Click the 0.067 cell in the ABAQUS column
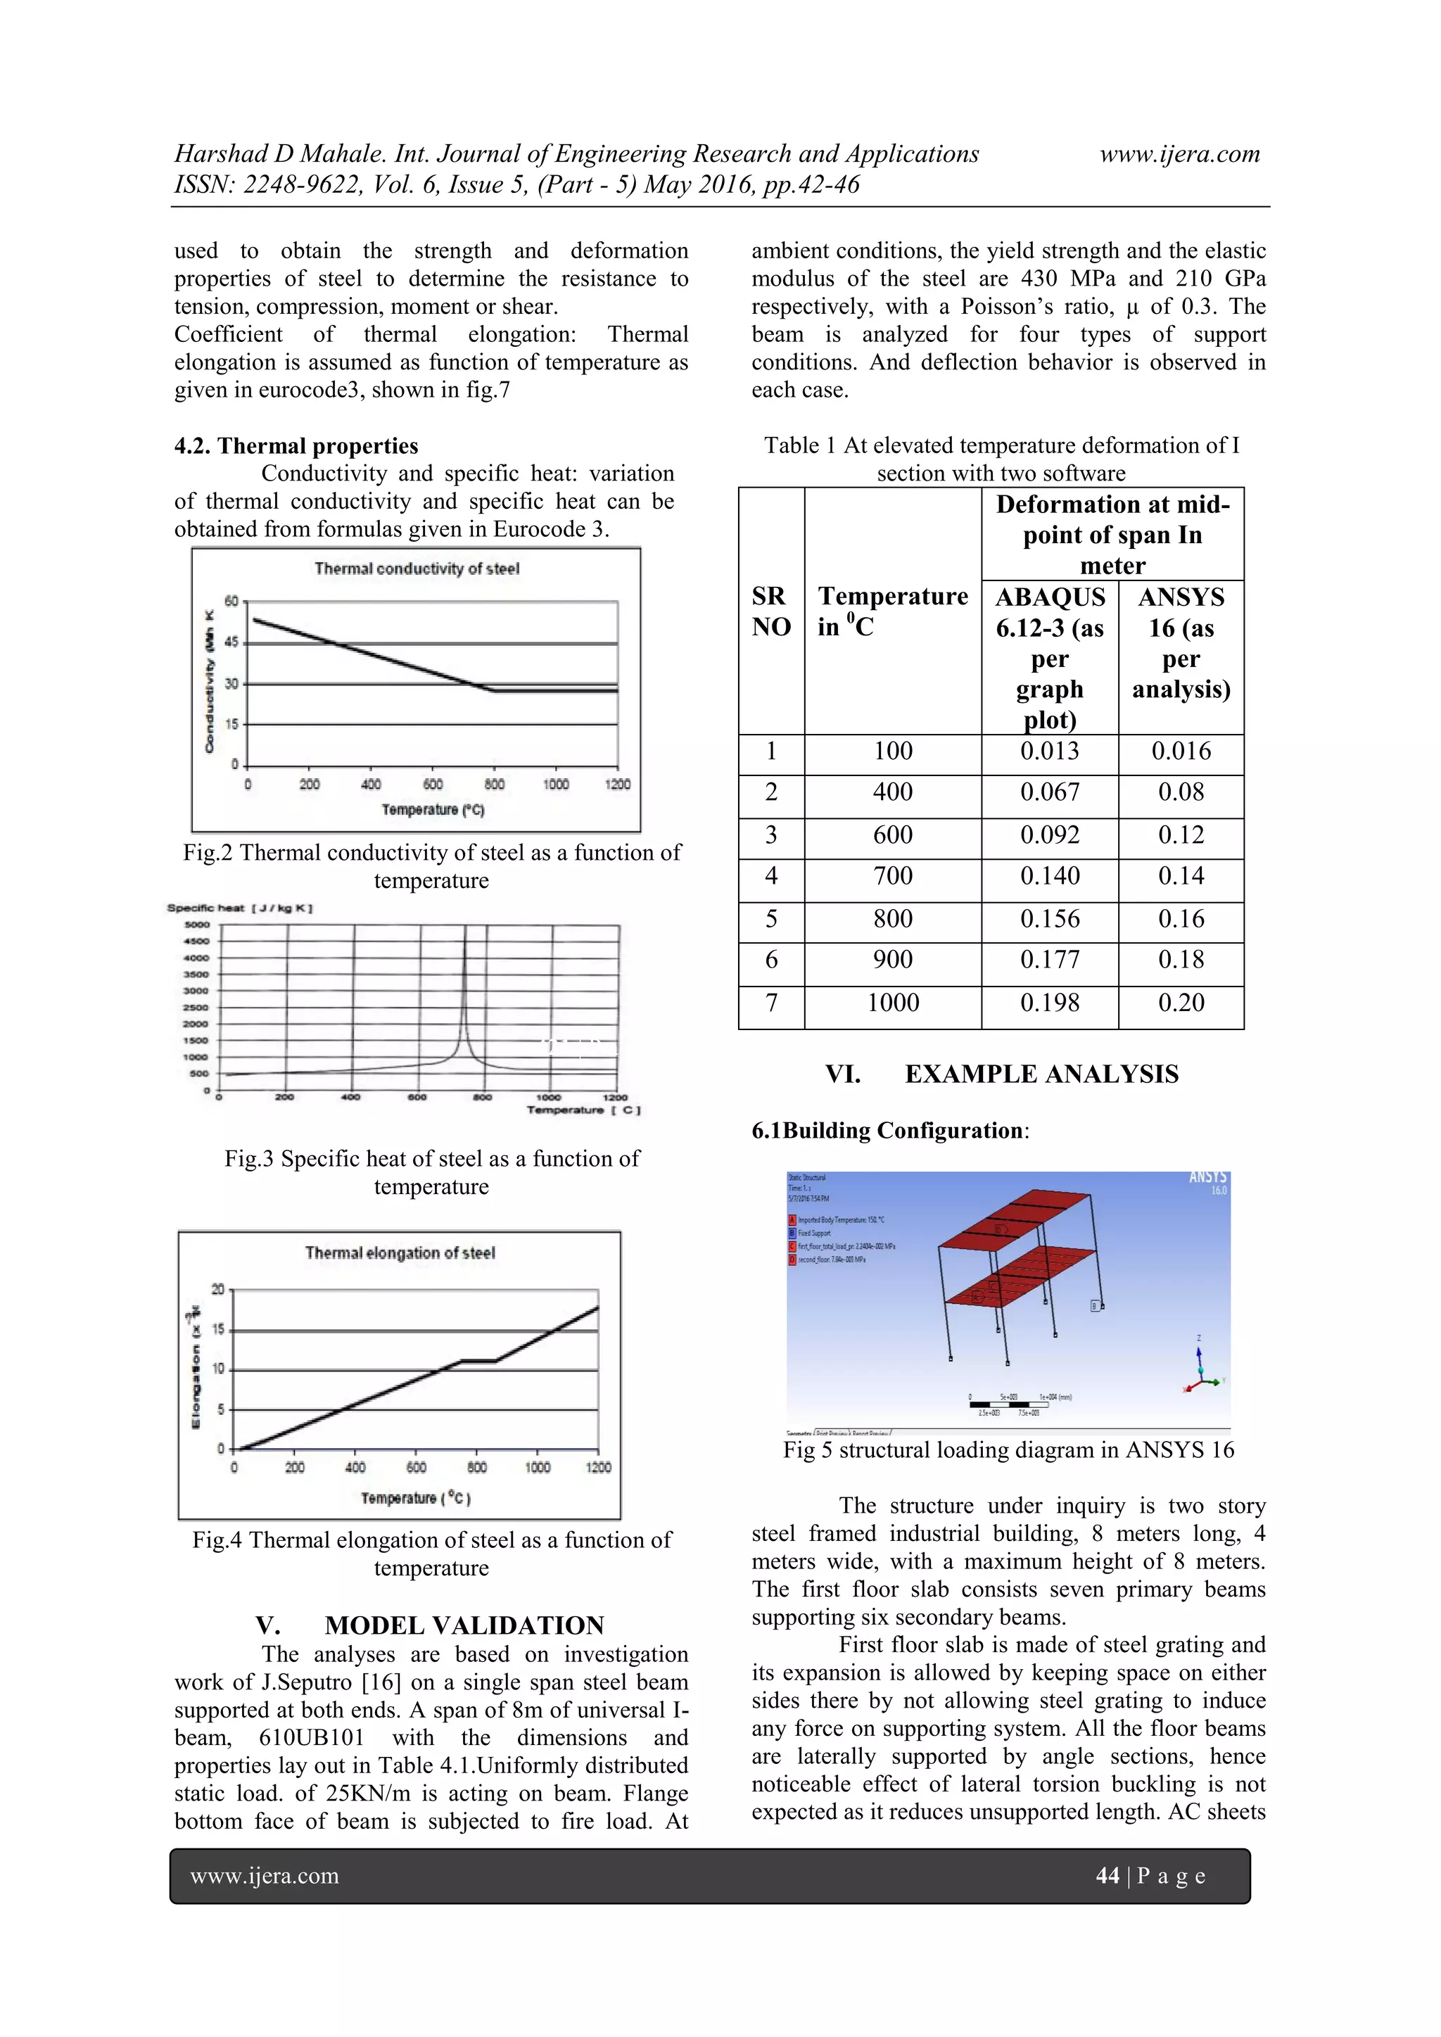pyautogui.click(x=1050, y=792)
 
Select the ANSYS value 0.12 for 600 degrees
pyautogui.click(x=1181, y=835)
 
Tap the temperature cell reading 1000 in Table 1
pyautogui.click(x=893, y=1003)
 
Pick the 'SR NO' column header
pyautogui.click(x=771, y=611)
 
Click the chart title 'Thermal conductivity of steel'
pyautogui.click(x=417, y=569)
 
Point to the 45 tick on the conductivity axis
pyautogui.click(x=231, y=642)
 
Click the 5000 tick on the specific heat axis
pyautogui.click(x=197, y=925)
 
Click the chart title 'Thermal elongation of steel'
pyautogui.click(x=400, y=1252)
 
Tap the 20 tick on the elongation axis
pyautogui.click(x=218, y=1289)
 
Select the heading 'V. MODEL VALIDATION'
pyautogui.click(x=431, y=1625)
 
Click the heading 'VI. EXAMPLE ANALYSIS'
pyautogui.click(x=1002, y=1074)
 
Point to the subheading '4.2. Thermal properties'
pyautogui.click(x=296, y=445)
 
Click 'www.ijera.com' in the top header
pyautogui.click(x=1179, y=154)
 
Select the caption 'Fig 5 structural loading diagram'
pyautogui.click(x=1008, y=1449)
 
